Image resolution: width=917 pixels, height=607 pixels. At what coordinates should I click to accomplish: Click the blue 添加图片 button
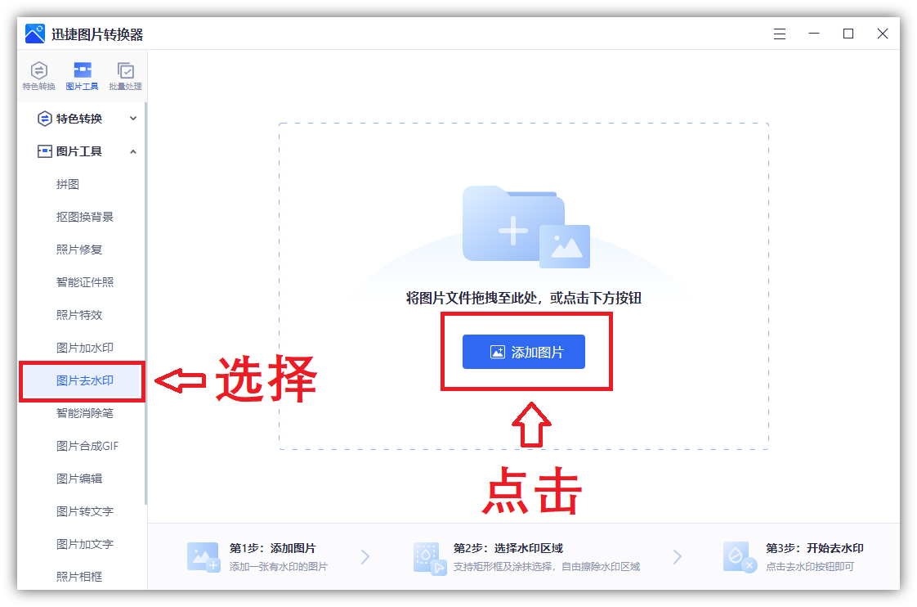pos(524,352)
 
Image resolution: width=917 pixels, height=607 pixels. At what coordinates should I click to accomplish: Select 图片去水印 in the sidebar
pos(84,380)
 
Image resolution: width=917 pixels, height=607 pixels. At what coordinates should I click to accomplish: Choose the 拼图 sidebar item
pos(68,184)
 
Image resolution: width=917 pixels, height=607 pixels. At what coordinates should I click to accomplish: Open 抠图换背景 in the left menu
pos(84,217)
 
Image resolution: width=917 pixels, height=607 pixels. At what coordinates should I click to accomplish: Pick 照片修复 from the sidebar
pos(79,250)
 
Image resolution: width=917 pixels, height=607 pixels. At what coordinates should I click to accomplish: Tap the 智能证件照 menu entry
pos(84,282)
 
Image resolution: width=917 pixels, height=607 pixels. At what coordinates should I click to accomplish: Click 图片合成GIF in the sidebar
pos(87,446)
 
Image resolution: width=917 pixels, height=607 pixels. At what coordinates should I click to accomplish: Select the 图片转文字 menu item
pos(84,511)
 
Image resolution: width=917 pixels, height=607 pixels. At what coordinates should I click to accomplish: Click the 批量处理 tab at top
pos(125,76)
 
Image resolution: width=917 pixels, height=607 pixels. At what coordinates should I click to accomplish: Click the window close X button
pos(883,34)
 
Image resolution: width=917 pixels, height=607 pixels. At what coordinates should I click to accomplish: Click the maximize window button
pos(848,34)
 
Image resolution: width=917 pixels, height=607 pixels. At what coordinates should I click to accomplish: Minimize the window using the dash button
pos(814,34)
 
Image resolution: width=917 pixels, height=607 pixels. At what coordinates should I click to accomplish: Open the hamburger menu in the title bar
pos(779,34)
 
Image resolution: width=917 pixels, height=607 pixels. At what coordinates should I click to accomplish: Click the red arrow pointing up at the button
pos(531,425)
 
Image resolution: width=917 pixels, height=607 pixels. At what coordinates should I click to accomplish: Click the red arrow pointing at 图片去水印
pos(179,380)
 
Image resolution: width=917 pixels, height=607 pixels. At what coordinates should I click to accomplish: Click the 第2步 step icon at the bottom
pos(429,557)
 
